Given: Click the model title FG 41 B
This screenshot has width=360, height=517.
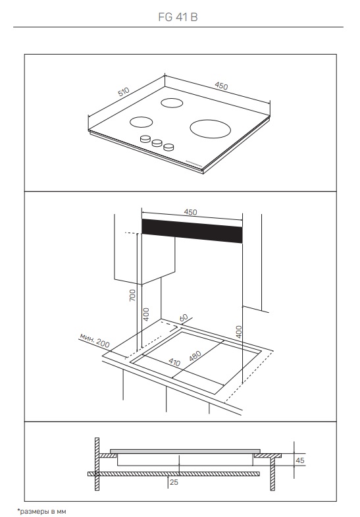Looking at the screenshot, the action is (x=178, y=17).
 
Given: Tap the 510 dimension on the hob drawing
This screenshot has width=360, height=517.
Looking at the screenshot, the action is (x=124, y=92).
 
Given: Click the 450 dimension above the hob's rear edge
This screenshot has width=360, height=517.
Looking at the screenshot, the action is (x=221, y=86).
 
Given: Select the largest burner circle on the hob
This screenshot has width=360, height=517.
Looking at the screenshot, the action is (x=210, y=128).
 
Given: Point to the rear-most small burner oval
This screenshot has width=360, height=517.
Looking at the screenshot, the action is (x=172, y=103).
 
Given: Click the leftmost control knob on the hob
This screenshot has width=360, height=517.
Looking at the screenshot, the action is (x=145, y=139).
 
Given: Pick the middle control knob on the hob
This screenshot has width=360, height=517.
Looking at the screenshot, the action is (x=157, y=142).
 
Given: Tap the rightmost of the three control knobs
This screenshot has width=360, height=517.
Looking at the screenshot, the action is (x=168, y=146).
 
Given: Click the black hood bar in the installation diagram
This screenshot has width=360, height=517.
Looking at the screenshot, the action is (x=192, y=231).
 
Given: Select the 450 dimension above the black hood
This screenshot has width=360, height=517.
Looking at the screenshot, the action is (x=190, y=212).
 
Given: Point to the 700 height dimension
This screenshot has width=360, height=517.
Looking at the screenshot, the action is (x=132, y=295).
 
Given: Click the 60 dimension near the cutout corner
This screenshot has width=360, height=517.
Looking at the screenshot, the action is (x=184, y=318).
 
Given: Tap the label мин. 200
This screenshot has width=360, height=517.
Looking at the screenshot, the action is (x=95, y=340).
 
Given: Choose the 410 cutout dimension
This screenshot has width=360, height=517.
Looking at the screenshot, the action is (x=174, y=362).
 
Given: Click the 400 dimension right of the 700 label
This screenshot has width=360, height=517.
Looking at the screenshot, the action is (x=147, y=314).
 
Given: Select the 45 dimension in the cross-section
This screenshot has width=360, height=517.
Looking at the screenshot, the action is (x=300, y=460).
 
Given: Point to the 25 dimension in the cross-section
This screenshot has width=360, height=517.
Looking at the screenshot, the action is (x=174, y=482).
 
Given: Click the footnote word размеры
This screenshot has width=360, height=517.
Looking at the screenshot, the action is (x=34, y=511).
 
